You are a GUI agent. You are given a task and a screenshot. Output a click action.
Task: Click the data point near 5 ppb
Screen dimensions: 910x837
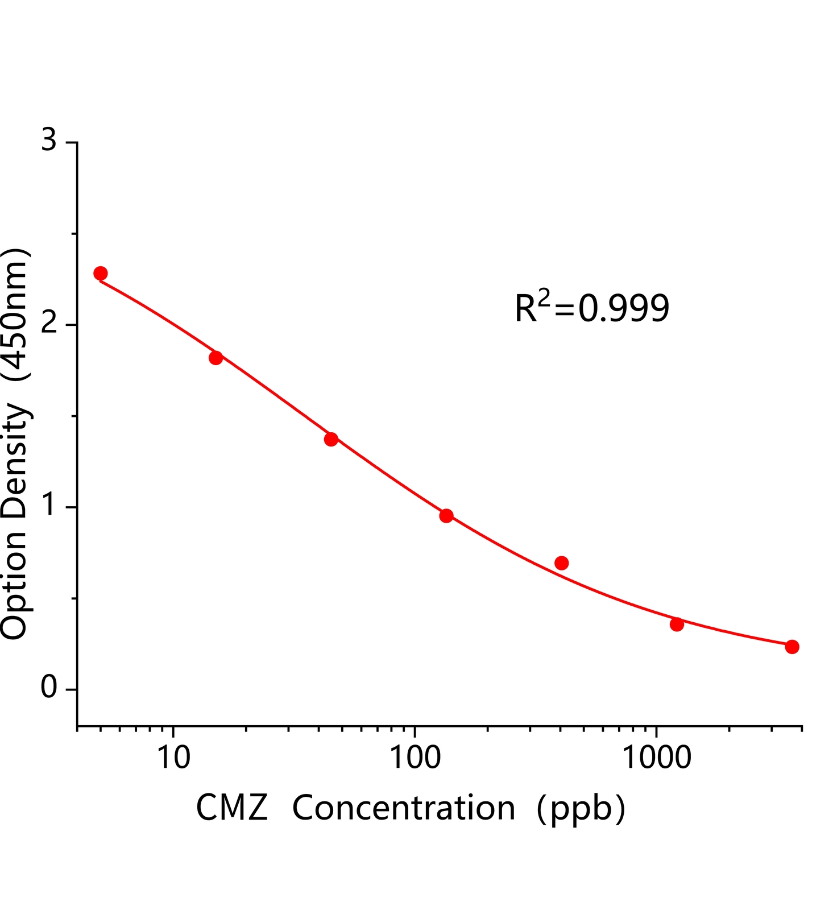[101, 273]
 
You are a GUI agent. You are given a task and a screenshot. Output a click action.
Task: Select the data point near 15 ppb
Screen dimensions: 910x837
[216, 358]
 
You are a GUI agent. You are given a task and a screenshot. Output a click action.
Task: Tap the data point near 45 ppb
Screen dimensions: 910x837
[331, 439]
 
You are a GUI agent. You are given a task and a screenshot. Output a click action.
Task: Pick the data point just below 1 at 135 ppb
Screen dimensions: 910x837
[446, 516]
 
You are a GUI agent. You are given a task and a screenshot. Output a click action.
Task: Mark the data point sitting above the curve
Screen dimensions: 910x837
[562, 563]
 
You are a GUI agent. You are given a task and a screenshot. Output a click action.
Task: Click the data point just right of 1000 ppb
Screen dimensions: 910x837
[677, 624]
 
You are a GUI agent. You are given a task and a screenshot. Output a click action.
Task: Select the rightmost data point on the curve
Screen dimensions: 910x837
[792, 647]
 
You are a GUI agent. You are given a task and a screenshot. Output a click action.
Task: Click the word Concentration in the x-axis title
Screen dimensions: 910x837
[403, 808]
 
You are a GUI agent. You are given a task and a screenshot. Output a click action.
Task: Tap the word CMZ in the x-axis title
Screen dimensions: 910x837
[231, 808]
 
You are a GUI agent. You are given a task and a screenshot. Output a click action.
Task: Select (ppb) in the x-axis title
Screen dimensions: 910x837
[581, 808]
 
